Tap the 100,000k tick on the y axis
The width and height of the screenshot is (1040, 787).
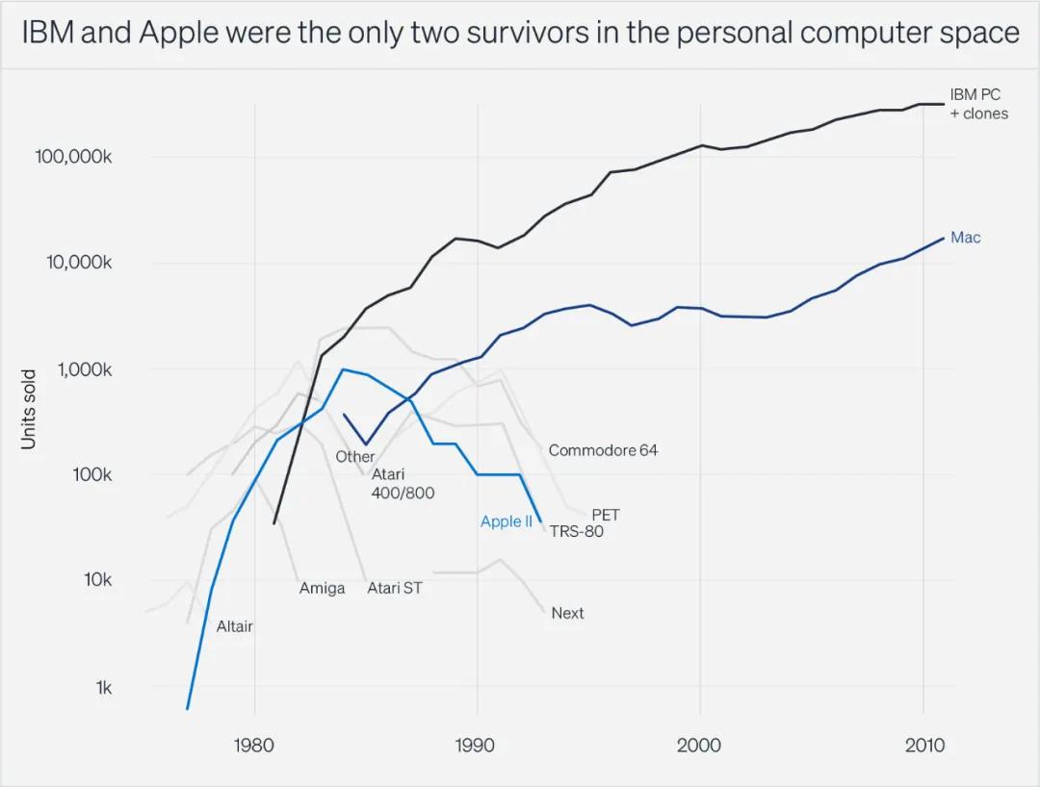[76, 157]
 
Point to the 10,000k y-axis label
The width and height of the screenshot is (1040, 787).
[80, 263]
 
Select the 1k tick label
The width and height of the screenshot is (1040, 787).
[102, 687]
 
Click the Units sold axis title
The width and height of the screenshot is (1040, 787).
[29, 408]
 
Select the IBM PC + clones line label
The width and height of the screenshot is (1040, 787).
[978, 104]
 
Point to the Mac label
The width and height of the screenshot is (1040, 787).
[965, 237]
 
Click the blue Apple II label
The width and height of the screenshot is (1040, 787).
[506, 522]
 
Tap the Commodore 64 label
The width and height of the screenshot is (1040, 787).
[603, 450]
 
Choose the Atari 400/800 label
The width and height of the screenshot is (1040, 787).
[403, 484]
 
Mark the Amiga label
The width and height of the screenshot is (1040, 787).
[322, 588]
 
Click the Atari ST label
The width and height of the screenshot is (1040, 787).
[394, 588]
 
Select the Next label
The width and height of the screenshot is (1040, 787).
[567, 613]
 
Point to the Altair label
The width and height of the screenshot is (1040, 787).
[234, 626]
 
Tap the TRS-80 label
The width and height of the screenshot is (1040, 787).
[576, 531]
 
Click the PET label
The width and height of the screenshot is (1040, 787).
[605, 516]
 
